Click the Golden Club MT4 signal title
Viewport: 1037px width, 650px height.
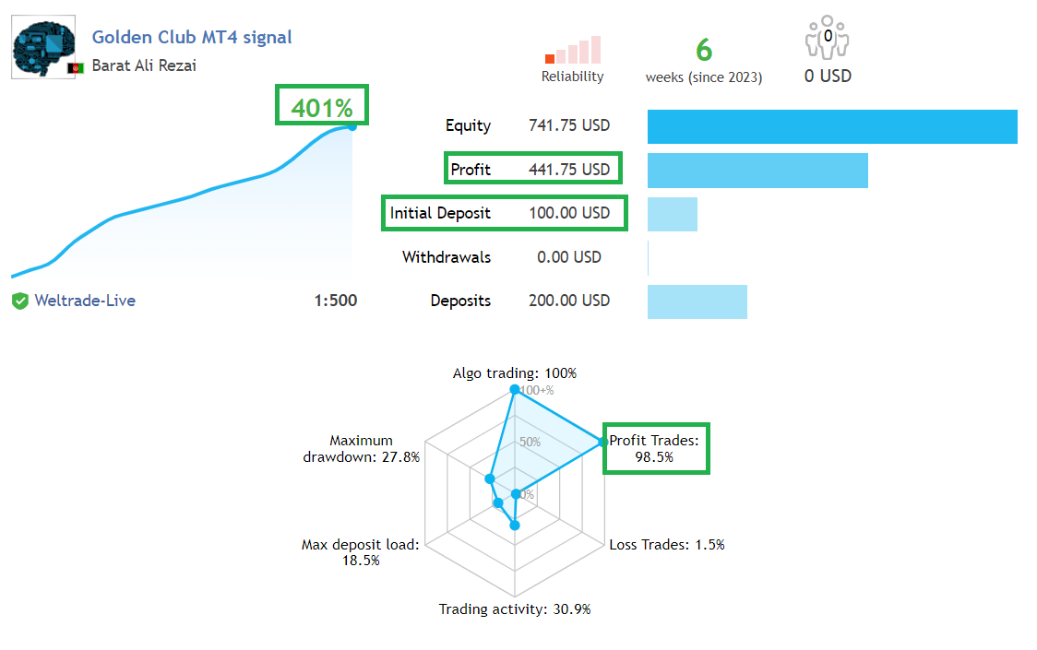192,37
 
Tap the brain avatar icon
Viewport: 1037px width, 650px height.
43,47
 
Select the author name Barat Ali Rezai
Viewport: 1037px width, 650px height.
144,65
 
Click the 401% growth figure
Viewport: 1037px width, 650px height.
322,108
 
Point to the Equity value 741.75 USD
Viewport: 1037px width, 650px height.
568,125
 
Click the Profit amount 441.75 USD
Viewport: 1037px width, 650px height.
568,170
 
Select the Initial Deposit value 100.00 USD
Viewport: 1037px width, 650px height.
568,213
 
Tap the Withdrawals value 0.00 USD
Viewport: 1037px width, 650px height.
568,257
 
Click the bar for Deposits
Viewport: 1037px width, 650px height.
697,301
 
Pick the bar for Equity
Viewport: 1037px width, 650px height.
832,126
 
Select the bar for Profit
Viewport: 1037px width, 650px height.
757,171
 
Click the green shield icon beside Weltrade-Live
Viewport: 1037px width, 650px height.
20,301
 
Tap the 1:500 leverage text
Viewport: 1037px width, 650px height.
335,301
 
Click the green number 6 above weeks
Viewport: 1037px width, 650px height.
704,50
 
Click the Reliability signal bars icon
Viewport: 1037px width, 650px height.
573,50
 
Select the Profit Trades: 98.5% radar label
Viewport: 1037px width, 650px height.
654,448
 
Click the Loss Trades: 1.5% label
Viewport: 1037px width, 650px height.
667,545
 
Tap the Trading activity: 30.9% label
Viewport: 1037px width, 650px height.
515,609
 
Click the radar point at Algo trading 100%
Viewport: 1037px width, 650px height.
515,389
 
